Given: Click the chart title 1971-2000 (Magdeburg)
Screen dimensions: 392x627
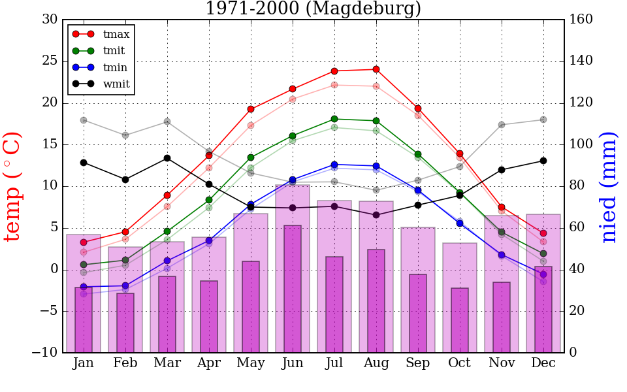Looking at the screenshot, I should point(313,9).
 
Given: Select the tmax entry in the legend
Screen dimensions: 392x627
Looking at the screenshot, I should point(116,34).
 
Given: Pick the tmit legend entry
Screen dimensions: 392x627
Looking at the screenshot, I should point(114,50).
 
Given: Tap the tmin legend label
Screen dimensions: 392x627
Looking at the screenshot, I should point(115,67).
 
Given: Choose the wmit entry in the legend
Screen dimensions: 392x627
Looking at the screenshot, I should point(116,84).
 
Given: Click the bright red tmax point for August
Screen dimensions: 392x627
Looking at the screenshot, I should point(376,69).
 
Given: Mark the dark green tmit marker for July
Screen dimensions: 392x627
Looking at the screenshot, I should point(334,119).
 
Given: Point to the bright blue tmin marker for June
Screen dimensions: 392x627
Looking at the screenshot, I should point(293,180).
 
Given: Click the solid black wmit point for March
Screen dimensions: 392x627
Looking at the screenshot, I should point(167,158).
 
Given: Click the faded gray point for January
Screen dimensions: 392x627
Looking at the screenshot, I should point(84,120).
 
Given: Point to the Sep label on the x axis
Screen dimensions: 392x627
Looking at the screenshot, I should point(418,363).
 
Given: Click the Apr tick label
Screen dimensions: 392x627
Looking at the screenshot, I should point(209,363).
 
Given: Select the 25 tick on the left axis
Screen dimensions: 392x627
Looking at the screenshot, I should point(50,61).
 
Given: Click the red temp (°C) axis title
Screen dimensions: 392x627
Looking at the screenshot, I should point(13,186).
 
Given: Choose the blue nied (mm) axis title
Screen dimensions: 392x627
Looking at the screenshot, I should point(609,187).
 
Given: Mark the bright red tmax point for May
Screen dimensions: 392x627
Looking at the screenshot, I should point(251,109).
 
